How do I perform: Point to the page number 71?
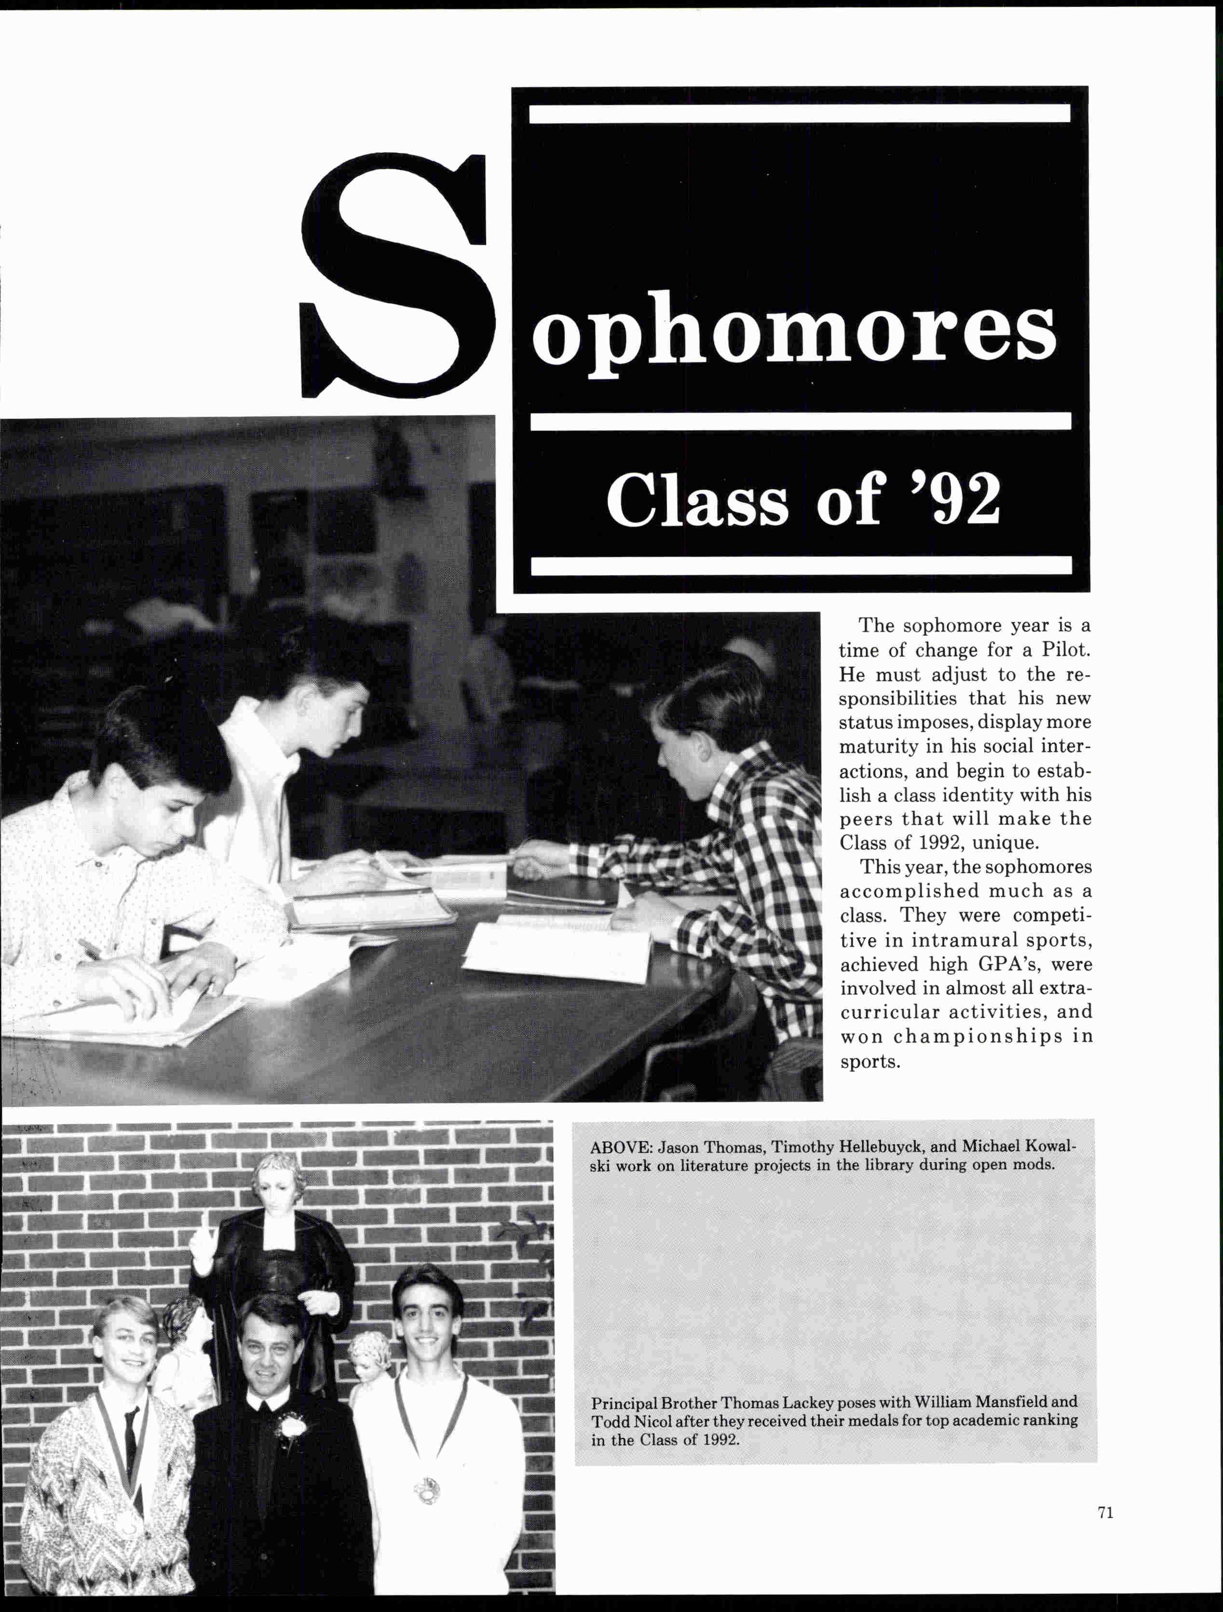[x=1105, y=1512]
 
